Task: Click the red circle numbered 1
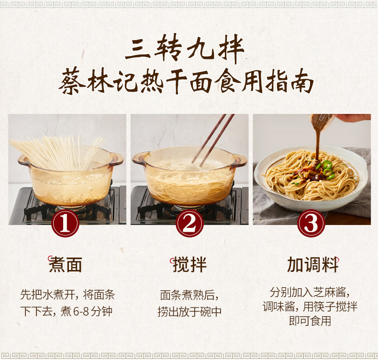(x=65, y=223)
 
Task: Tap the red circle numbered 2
(x=189, y=223)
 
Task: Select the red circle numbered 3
(x=311, y=223)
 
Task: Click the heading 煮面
(x=66, y=265)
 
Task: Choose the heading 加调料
(x=312, y=265)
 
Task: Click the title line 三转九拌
(x=185, y=49)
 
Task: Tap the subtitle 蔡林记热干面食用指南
(x=186, y=81)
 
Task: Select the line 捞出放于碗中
(x=189, y=311)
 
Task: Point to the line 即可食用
(x=310, y=321)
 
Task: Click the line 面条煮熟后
(x=189, y=295)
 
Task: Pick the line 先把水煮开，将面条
(x=67, y=295)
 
